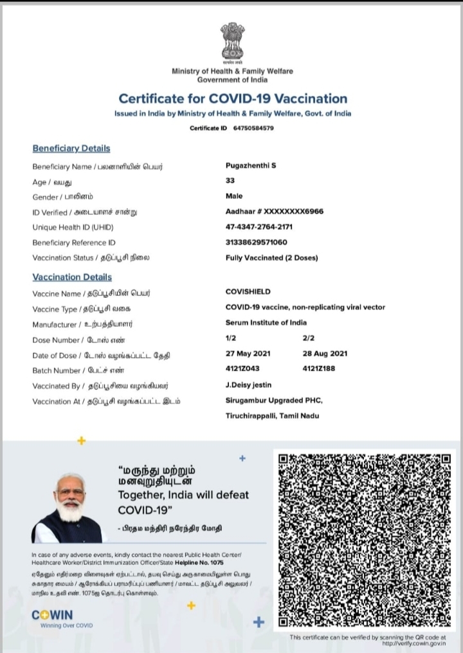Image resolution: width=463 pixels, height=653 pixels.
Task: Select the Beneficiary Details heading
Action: point(71,149)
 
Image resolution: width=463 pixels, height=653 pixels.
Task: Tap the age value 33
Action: point(230,181)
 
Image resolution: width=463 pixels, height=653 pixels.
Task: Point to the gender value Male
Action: point(234,196)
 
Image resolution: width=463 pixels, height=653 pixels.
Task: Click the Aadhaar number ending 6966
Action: point(275,211)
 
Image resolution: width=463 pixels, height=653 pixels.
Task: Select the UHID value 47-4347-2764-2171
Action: point(259,226)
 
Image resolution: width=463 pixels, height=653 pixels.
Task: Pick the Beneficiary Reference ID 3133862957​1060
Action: point(257,242)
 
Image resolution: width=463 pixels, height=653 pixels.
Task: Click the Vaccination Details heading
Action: point(72,277)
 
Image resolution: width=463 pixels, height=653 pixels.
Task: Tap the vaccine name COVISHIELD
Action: point(248,292)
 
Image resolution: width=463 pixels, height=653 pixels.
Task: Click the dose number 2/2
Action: point(309,338)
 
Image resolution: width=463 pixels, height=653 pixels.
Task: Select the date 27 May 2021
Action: point(248,354)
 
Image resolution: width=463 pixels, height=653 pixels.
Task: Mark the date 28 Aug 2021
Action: point(325,354)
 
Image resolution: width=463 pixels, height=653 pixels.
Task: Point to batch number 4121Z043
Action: point(244,369)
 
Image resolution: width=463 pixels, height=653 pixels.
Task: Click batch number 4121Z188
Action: point(318,369)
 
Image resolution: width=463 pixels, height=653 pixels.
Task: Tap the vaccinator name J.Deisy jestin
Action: point(248,385)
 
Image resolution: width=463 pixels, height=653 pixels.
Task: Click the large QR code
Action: point(365,540)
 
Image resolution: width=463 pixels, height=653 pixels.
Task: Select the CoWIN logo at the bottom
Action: point(52,615)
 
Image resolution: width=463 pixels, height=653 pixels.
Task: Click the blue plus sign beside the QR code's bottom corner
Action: point(259,622)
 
